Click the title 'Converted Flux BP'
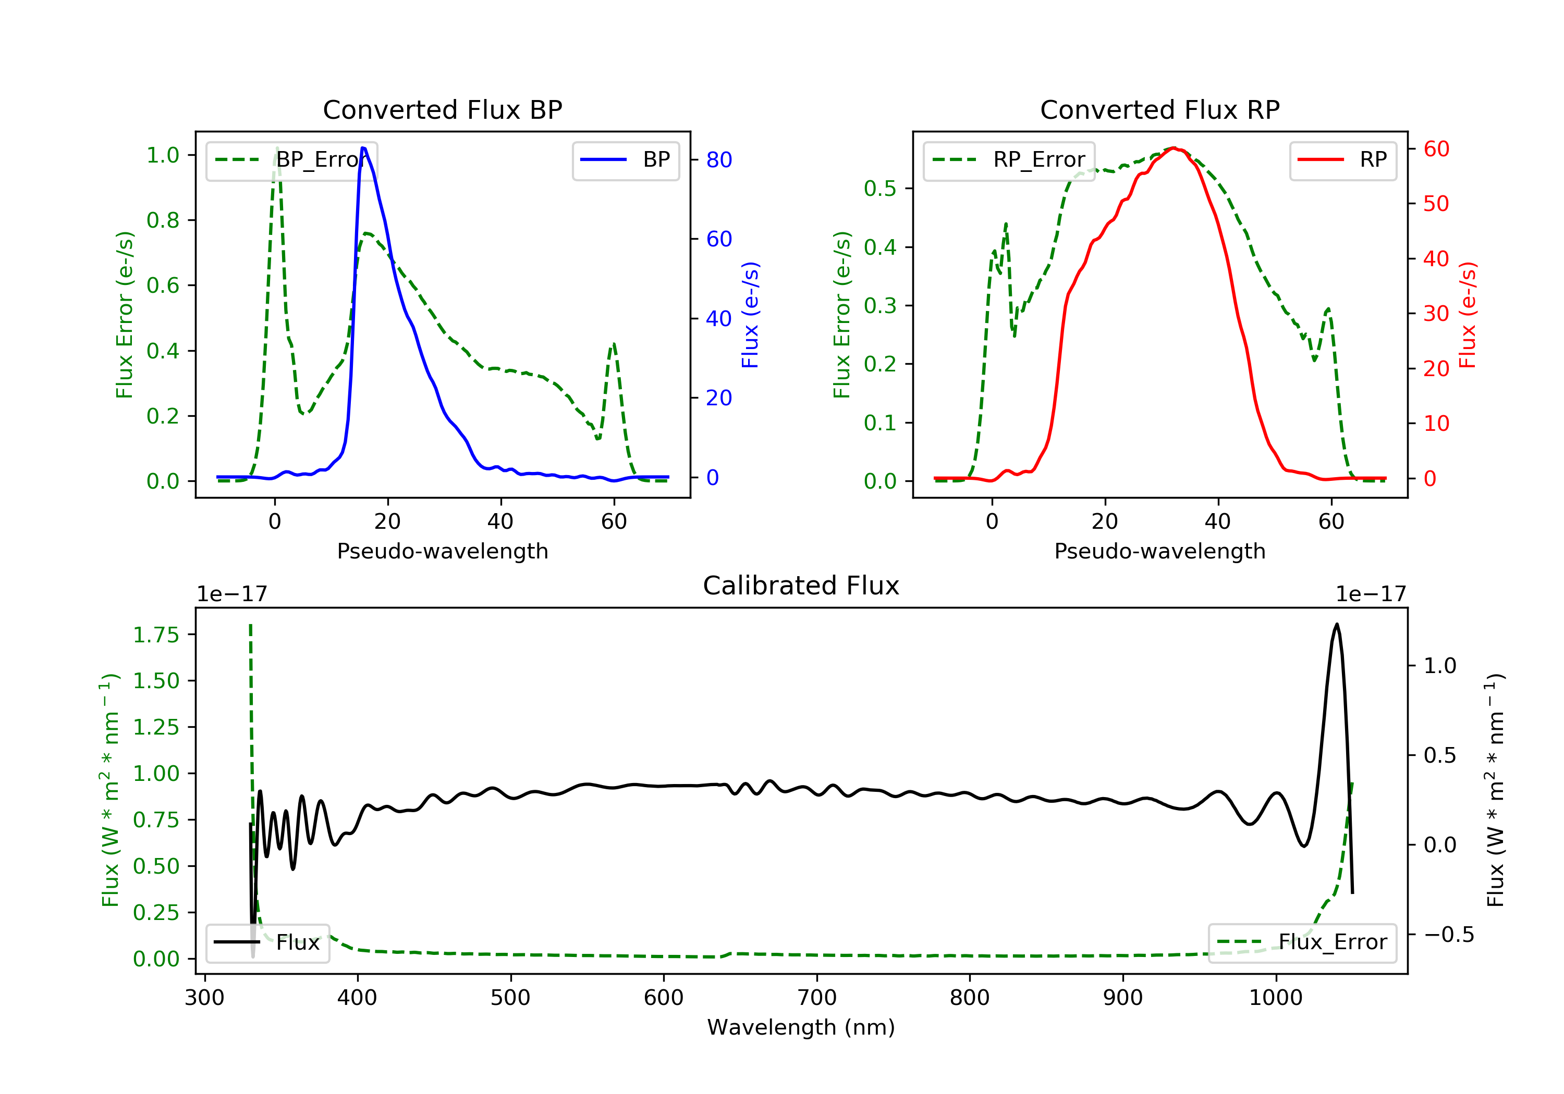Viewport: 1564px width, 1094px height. click(x=442, y=109)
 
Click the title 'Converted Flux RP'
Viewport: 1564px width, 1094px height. click(x=1159, y=109)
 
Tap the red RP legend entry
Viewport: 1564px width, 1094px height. click(x=1342, y=160)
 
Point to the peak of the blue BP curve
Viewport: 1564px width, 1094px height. click(x=363, y=148)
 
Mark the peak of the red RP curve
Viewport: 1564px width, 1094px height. click(x=1174, y=148)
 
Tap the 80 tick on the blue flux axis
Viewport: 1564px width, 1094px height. click(x=718, y=160)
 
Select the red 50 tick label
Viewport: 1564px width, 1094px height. click(x=1436, y=204)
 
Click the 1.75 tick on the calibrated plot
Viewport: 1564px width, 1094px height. click(x=156, y=635)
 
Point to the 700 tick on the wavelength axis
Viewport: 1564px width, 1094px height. click(x=817, y=998)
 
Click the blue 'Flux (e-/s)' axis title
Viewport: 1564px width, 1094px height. click(x=750, y=315)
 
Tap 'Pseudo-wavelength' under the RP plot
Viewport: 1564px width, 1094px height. click(x=1159, y=551)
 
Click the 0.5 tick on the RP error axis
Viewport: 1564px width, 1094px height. click(x=880, y=189)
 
